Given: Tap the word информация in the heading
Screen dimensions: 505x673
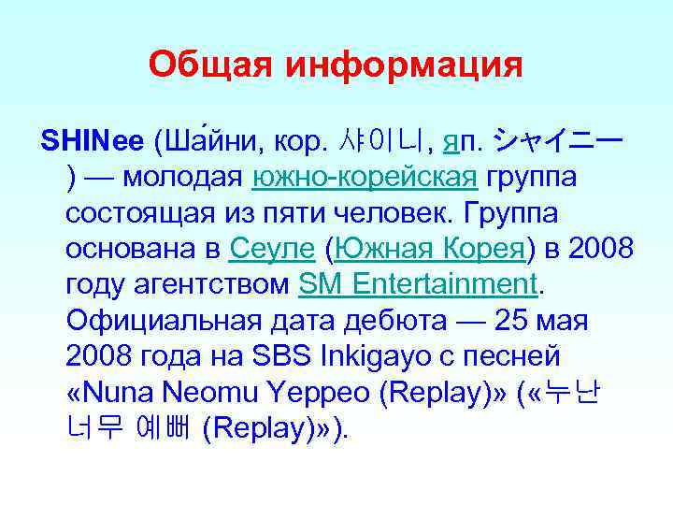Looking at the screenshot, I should (x=404, y=65).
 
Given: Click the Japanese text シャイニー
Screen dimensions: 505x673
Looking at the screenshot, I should (x=559, y=141).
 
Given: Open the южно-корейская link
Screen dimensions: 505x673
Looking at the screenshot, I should (x=366, y=178).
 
